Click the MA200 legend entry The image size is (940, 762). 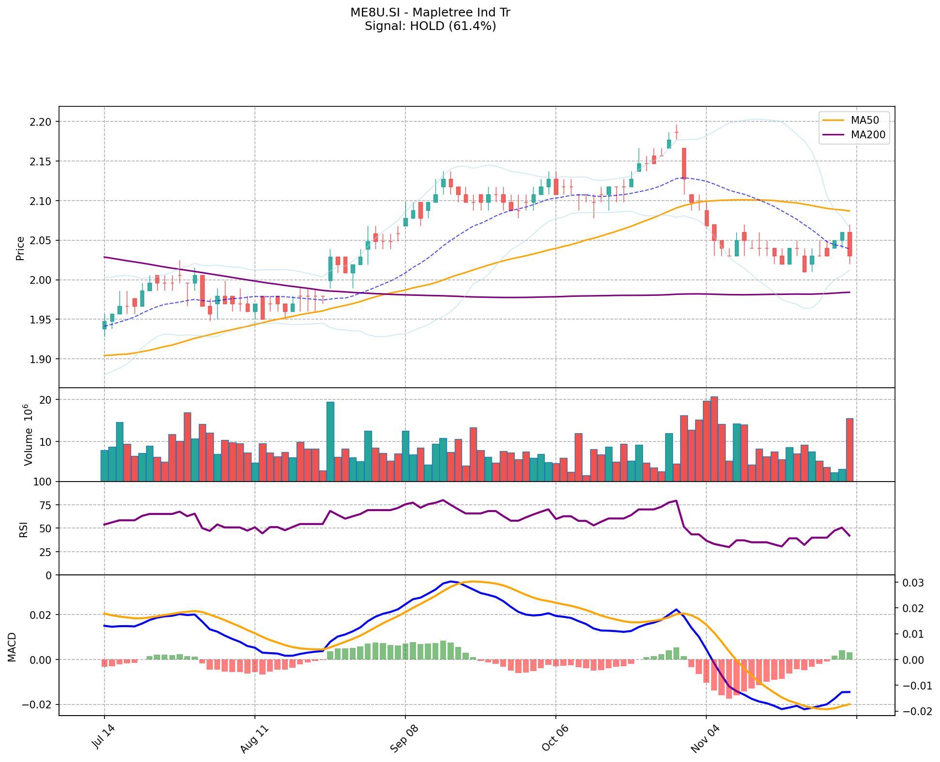coord(868,135)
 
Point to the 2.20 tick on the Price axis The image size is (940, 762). coord(41,122)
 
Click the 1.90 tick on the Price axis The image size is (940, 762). coord(41,359)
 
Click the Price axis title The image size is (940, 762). coord(20,248)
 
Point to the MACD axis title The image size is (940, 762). coord(13,646)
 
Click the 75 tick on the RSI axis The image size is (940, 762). coord(45,505)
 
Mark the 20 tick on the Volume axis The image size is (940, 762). coord(46,400)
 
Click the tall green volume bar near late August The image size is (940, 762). coord(330,441)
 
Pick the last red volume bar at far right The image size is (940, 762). coord(850,450)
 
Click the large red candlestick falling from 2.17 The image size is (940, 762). coord(684,163)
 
